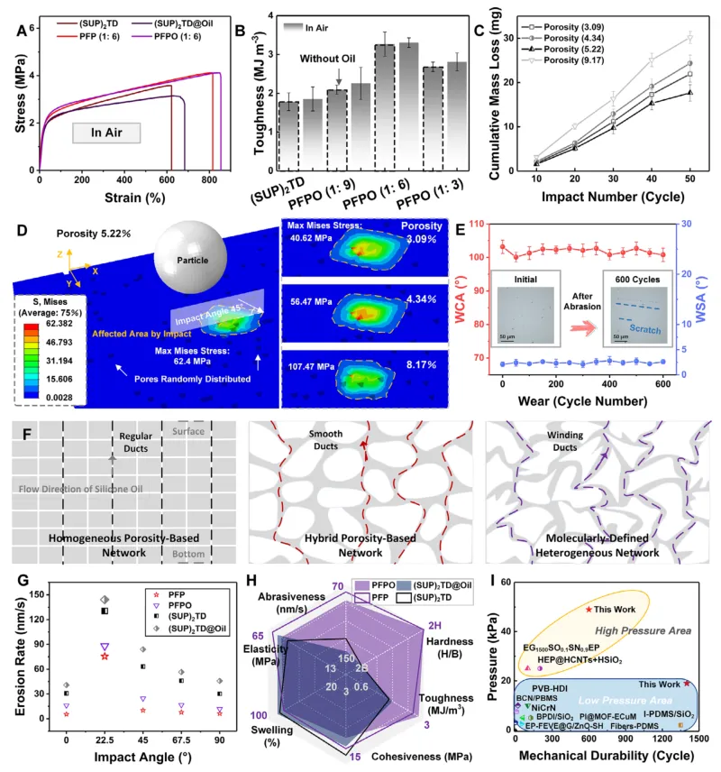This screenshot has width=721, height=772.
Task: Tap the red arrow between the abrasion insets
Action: (x=580, y=318)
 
